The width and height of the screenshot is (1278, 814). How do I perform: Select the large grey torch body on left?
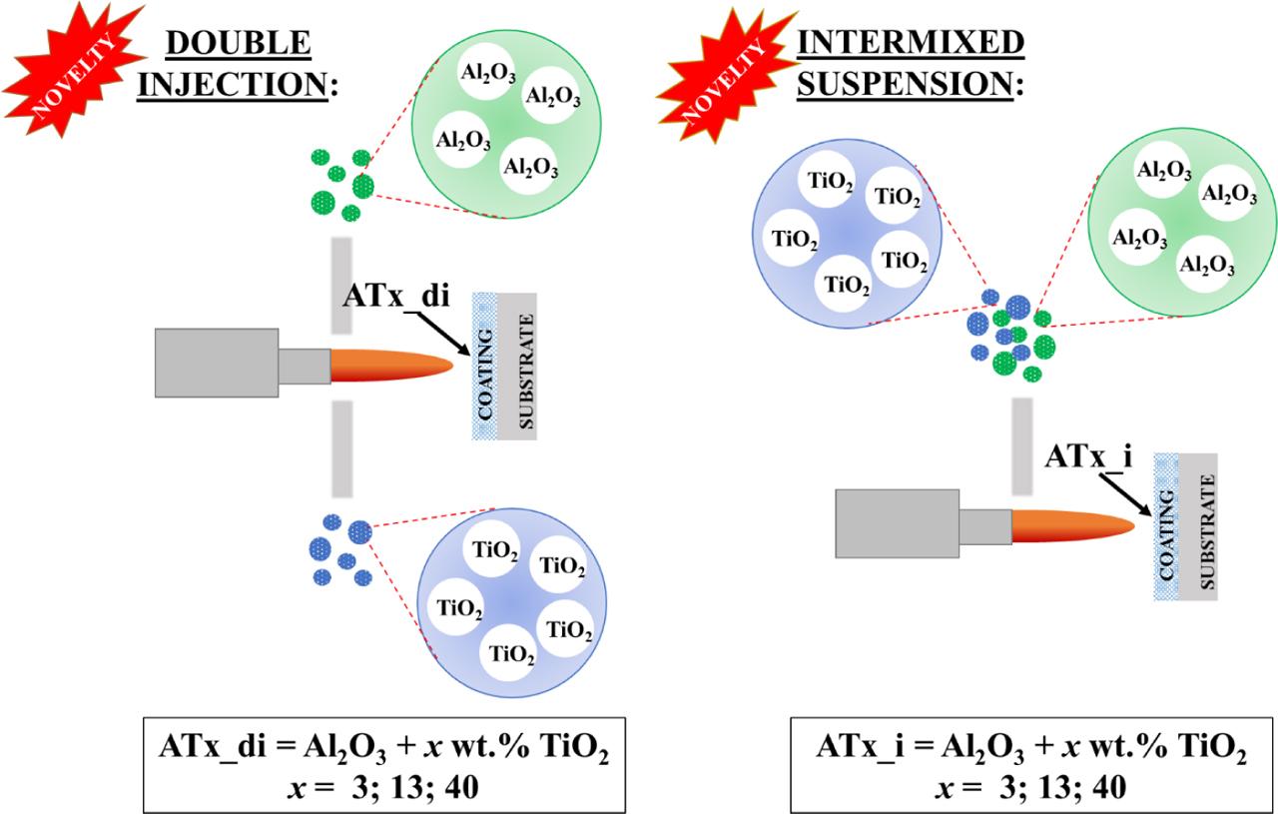click(216, 363)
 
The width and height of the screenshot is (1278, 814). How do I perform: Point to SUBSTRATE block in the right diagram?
click(1198, 526)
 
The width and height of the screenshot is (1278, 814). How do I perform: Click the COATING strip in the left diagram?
click(484, 366)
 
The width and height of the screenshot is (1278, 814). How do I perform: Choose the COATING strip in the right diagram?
click(1165, 526)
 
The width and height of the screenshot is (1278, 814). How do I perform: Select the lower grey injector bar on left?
click(341, 446)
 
